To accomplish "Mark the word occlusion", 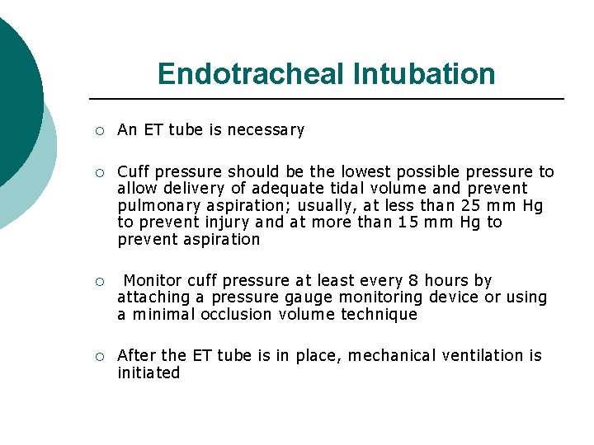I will tap(235, 314).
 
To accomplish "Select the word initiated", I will tap(148, 372).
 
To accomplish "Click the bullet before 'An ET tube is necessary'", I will tap(99, 130).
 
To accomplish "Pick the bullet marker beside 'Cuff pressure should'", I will tap(99, 172).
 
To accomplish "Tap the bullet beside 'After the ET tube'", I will tap(99, 356).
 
